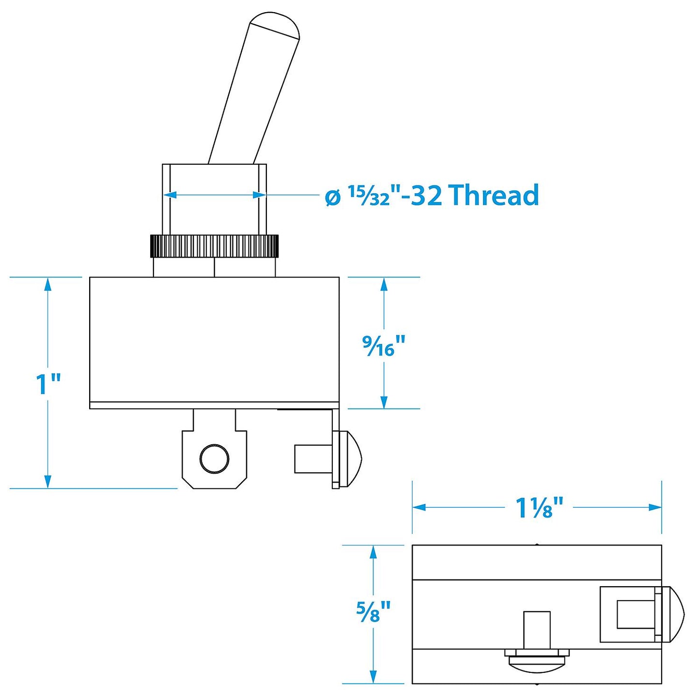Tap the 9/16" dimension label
[x=383, y=345]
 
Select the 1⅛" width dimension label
[x=539, y=508]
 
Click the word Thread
[x=494, y=195]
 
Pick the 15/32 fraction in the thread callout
[x=369, y=195]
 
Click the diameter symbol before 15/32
[x=333, y=197]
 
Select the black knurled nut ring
[x=214, y=246]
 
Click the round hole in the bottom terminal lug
[x=215, y=458]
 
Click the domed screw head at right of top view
[x=674, y=614]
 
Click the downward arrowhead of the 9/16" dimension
[x=384, y=402]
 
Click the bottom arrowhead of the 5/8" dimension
[x=373, y=676]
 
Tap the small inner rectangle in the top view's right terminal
[x=634, y=614]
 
